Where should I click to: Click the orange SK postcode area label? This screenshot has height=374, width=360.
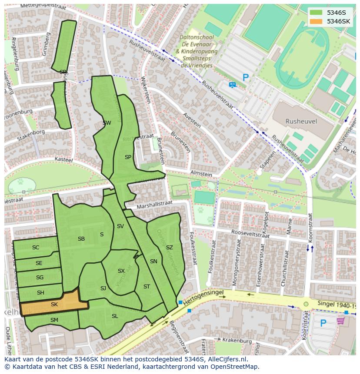(54, 304)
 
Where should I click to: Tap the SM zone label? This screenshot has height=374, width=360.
(54, 320)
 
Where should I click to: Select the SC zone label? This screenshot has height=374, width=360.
(36, 248)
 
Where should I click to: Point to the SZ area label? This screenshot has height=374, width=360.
(170, 248)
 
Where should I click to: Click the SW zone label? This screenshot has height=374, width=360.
(107, 123)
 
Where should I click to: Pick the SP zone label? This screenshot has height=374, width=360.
(128, 157)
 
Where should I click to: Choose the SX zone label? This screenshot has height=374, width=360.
(121, 271)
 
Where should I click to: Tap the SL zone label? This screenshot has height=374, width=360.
(115, 316)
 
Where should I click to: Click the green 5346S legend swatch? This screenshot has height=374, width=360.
(317, 13)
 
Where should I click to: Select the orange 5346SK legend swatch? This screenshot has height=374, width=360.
(317, 21)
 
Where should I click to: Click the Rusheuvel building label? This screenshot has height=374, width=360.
(301, 122)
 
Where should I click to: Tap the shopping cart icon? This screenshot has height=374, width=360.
(340, 321)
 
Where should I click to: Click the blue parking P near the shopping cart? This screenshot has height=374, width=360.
(323, 323)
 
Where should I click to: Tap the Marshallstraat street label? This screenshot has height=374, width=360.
(154, 204)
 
